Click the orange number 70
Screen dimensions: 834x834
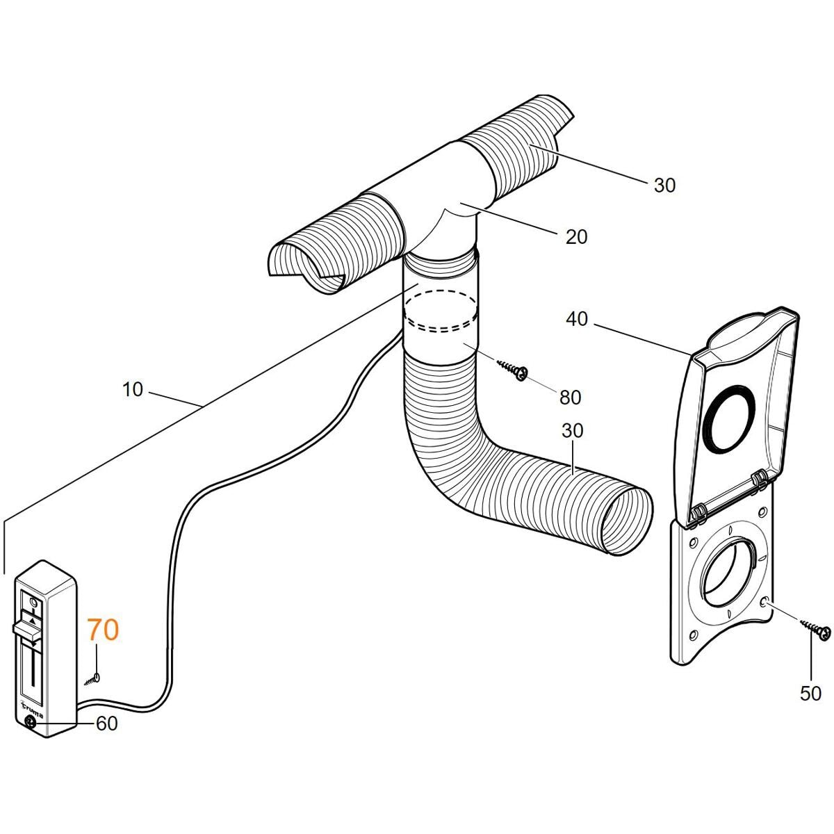tap(103, 630)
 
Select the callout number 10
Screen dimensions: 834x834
tap(133, 389)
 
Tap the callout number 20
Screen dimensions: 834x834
tap(576, 237)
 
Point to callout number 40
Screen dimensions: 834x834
tap(577, 320)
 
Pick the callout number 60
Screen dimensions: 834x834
tap(106, 723)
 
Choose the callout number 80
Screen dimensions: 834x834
tap(570, 398)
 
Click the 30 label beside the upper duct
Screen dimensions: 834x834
tap(664, 186)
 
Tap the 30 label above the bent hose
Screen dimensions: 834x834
tap(572, 431)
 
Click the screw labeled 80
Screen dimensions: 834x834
tap(512, 370)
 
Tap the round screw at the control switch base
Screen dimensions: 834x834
tap(31, 722)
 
